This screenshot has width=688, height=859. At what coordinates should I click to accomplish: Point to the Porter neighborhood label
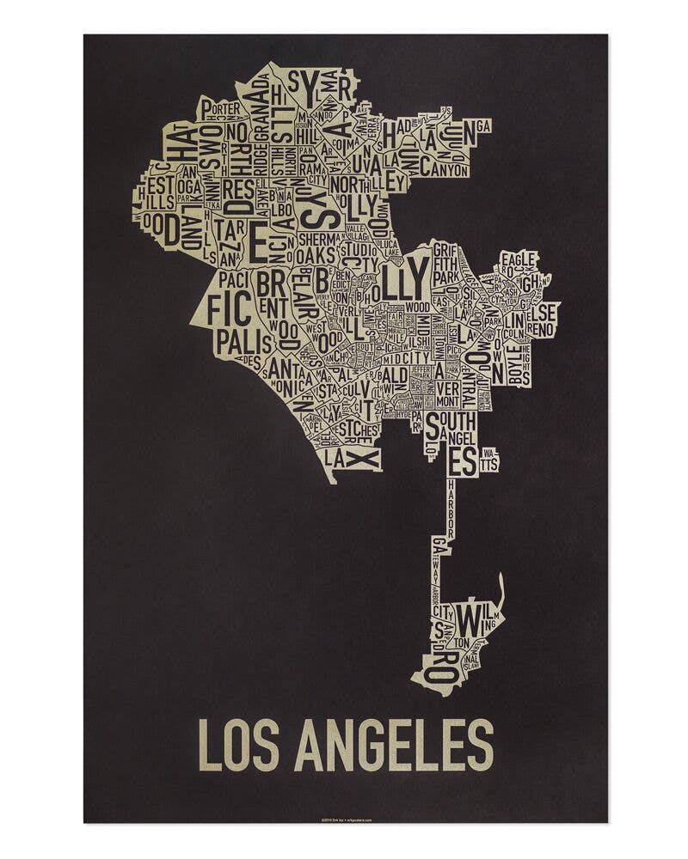pyautogui.click(x=221, y=109)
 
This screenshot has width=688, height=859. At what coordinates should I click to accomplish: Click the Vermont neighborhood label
pyautogui.click(x=447, y=394)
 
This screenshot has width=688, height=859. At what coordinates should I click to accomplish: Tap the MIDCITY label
pyautogui.click(x=406, y=357)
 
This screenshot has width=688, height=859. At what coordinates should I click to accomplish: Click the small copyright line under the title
pyautogui.click(x=344, y=817)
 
